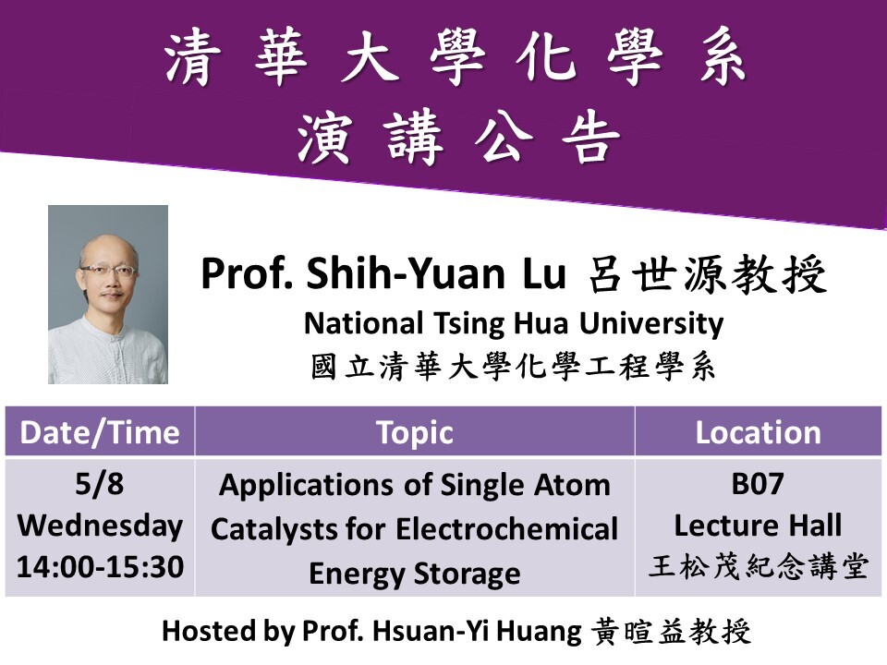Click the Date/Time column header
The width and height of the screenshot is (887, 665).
pos(100,432)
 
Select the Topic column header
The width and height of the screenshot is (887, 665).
pos(415,432)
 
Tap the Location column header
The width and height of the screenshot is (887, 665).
pos(758,432)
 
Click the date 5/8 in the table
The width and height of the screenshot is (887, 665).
pos(100,483)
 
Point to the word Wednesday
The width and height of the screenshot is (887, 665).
pos(100,526)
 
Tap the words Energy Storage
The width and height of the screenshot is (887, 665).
pos(414,574)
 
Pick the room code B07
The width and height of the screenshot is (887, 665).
pos(758,483)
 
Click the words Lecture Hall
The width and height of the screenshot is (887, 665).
pos(758,526)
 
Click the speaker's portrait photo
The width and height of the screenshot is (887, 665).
pos(108,294)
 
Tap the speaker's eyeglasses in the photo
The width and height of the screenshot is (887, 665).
pos(107,271)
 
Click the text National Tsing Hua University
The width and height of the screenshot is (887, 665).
pos(513,324)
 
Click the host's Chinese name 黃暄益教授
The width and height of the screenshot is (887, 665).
pos(670,633)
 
